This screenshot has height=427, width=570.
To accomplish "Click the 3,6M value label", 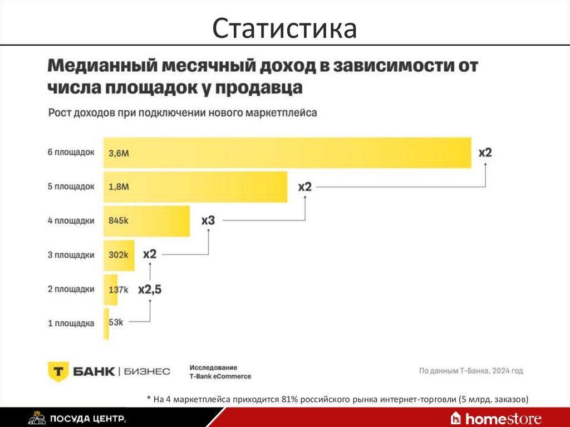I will [119, 153].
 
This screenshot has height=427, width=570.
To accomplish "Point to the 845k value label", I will [119, 221].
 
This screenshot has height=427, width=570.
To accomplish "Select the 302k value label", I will [119, 255].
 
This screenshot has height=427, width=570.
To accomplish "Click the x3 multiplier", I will [208, 221].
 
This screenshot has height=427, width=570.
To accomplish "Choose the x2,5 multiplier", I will [150, 289].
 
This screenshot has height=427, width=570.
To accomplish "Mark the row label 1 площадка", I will [71, 323].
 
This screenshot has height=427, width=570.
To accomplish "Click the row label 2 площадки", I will [71, 289].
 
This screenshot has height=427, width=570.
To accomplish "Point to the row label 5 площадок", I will [71, 187].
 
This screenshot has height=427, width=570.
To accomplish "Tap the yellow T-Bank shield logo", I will [57, 371].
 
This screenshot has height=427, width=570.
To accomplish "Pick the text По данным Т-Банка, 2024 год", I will [471, 371].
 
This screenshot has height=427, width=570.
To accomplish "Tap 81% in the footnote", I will [290, 399].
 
